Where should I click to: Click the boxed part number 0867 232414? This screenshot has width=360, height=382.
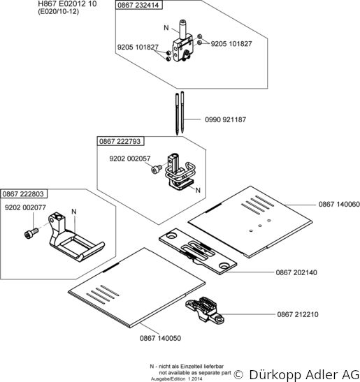(138, 5)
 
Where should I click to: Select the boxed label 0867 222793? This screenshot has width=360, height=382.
(120, 141)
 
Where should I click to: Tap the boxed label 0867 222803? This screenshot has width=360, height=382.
(23, 194)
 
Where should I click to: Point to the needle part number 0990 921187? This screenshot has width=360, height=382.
(225, 119)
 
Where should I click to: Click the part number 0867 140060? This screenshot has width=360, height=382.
(339, 204)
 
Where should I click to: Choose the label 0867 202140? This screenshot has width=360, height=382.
(296, 272)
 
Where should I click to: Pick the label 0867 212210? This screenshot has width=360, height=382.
(298, 314)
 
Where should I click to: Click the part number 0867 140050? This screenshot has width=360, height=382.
(160, 338)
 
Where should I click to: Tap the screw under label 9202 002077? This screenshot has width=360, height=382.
(31, 233)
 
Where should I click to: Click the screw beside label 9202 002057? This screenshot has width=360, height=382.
(157, 169)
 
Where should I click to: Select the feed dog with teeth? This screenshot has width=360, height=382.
(205, 310)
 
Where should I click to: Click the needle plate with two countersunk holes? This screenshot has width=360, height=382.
(198, 251)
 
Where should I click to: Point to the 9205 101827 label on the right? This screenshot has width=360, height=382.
(231, 44)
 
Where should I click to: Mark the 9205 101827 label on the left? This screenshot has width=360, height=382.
(138, 47)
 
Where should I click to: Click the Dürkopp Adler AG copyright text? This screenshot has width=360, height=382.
(296, 374)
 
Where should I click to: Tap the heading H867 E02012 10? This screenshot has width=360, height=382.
(67, 3)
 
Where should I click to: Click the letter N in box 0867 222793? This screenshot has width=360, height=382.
(198, 190)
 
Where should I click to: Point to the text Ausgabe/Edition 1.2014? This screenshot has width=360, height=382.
(176, 379)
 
